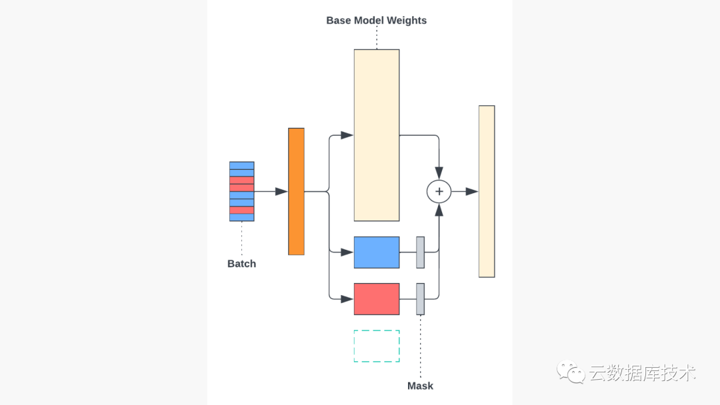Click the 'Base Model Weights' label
coord(376,20)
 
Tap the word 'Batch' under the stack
coord(241,264)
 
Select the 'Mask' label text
coord(420,386)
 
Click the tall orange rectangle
coord(296,191)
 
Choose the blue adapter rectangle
coord(376,252)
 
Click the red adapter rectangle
coord(376,299)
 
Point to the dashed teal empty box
coord(376,346)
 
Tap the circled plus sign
coord(439,192)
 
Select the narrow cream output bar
coord(487,191)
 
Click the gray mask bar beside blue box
coord(420,252)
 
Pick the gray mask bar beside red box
coord(420,299)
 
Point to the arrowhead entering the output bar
coord(472,192)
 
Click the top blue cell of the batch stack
coord(241,165)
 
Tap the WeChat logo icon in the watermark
coord(571,372)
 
